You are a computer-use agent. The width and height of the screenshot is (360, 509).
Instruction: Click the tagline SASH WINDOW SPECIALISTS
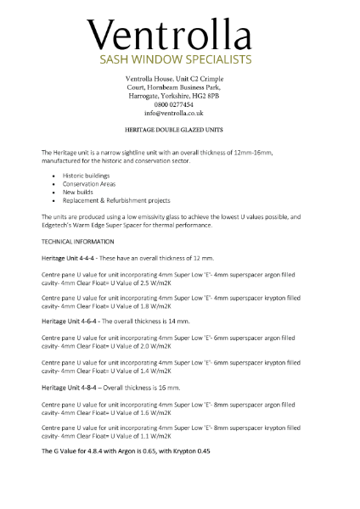[176, 60]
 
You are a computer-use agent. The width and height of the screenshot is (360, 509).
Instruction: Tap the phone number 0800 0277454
[173, 103]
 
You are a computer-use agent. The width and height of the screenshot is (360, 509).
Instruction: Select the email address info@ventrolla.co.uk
[173, 112]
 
